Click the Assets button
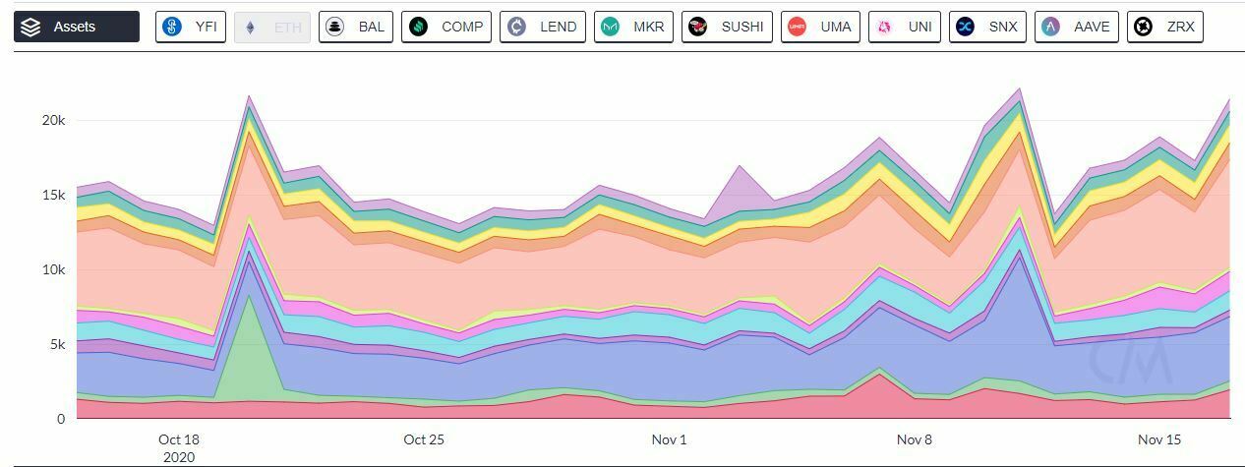click(77, 27)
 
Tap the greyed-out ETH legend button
click(272, 27)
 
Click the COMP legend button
click(447, 27)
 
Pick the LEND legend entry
click(543, 27)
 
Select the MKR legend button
click(633, 27)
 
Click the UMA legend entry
click(821, 27)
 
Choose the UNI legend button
click(905, 27)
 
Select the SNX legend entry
click(988, 27)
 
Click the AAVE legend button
click(1077, 27)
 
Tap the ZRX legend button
click(1165, 27)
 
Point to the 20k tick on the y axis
click(52, 120)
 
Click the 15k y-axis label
click(52, 195)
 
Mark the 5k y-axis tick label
click(56, 344)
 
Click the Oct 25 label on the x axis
click(424, 439)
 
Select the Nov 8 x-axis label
click(914, 439)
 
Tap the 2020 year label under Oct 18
click(178, 456)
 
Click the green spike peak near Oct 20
click(250, 297)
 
